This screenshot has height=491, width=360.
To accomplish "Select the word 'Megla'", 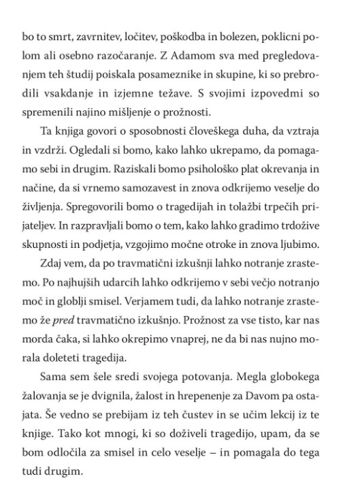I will click(238, 355).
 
